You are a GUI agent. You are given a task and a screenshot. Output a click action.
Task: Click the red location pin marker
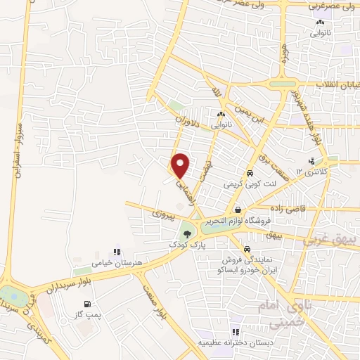click(181, 166)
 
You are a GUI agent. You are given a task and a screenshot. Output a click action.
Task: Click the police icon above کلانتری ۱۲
click(311, 161)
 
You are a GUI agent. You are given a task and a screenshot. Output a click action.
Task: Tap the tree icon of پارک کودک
click(187, 233)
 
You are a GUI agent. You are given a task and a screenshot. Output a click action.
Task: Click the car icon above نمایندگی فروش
click(246, 250)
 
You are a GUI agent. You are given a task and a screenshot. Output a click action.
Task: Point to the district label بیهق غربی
click(331, 240)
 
